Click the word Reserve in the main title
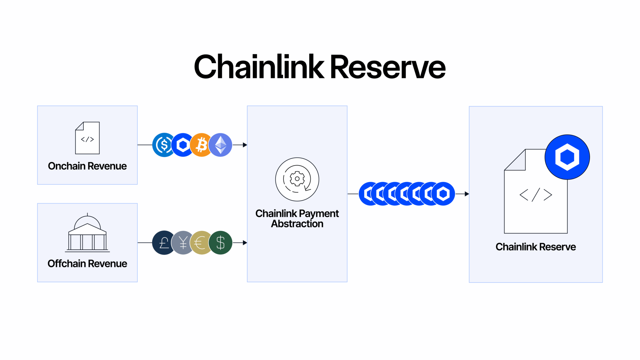(387, 67)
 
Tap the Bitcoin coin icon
(202, 145)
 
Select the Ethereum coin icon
(221, 145)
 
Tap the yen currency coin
(182, 243)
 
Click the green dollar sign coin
(221, 243)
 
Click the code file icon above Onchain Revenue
(87, 138)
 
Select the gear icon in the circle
(297, 179)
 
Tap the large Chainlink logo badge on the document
(567, 157)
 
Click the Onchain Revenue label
(87, 166)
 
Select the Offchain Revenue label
(87, 263)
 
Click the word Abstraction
(297, 224)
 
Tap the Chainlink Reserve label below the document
(536, 247)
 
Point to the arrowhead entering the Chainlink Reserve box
(467, 194)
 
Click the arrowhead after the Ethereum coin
(245, 145)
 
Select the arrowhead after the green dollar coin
(245, 243)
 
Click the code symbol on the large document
(536, 195)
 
